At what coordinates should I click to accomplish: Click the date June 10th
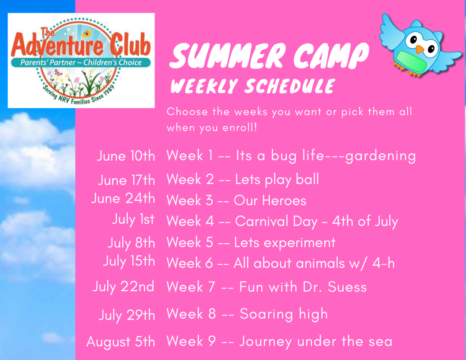[x=126, y=156]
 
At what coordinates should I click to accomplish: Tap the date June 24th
[x=123, y=198]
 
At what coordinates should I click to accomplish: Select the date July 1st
[x=133, y=220]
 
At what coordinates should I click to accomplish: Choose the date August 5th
[x=120, y=341]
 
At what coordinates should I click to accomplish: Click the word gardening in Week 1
[x=380, y=156]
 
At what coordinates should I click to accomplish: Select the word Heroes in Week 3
[x=285, y=200]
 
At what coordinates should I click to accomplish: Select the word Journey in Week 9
[x=266, y=342]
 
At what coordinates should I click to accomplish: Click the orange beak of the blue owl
[x=420, y=49]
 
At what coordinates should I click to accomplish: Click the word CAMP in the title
[x=331, y=56]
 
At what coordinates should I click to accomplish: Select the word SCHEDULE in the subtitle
[x=290, y=86]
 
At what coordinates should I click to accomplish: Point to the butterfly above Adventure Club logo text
[x=86, y=33]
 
